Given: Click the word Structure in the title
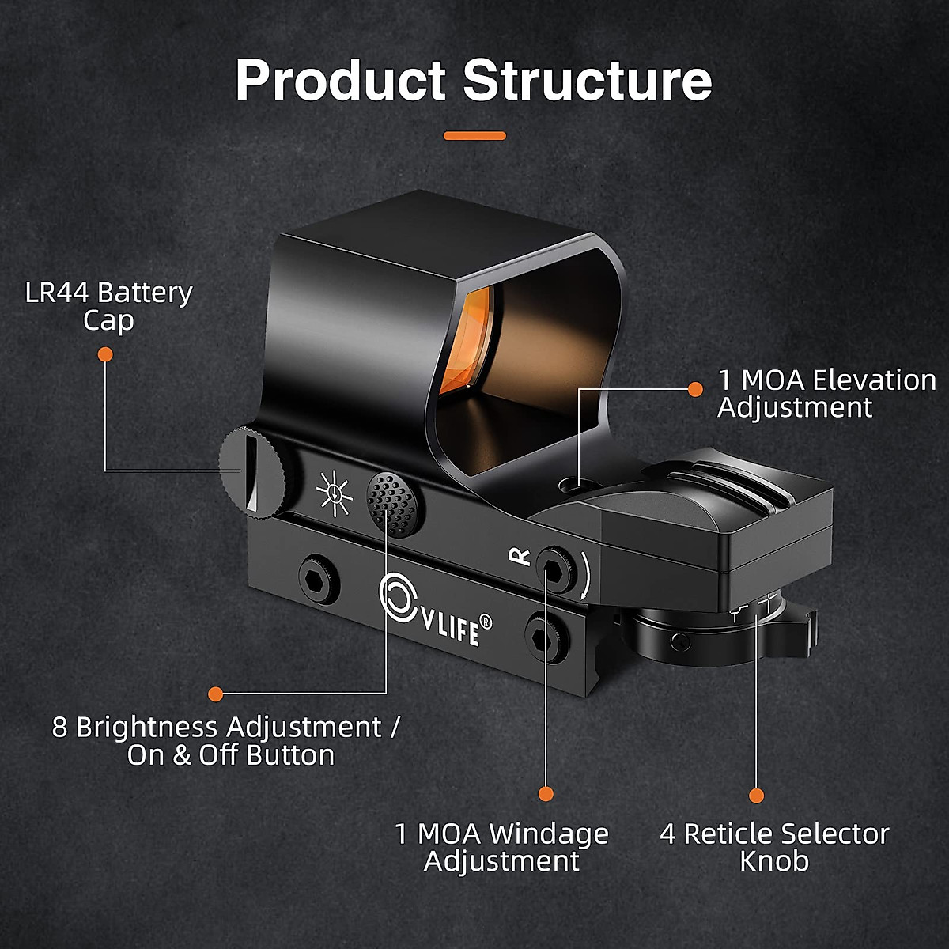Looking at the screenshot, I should [x=587, y=80].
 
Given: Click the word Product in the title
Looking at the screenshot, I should [x=341, y=80].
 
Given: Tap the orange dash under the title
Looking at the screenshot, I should [x=475, y=136].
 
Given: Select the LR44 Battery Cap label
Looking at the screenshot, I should [x=109, y=307].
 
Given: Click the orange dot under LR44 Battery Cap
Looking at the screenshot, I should [x=105, y=355].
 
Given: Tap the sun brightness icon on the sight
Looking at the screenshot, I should [x=333, y=493].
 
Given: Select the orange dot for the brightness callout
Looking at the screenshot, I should [x=215, y=694].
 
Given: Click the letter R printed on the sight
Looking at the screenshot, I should [x=520, y=556].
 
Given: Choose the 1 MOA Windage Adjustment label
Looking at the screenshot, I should [x=502, y=847].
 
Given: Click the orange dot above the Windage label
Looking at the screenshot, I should [x=546, y=794].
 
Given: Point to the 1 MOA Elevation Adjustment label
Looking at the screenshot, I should [x=826, y=393].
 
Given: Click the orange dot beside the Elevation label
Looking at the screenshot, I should [x=695, y=389].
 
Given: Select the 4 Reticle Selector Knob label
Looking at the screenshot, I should [x=774, y=847].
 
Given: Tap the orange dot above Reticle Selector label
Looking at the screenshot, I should [x=757, y=796].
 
